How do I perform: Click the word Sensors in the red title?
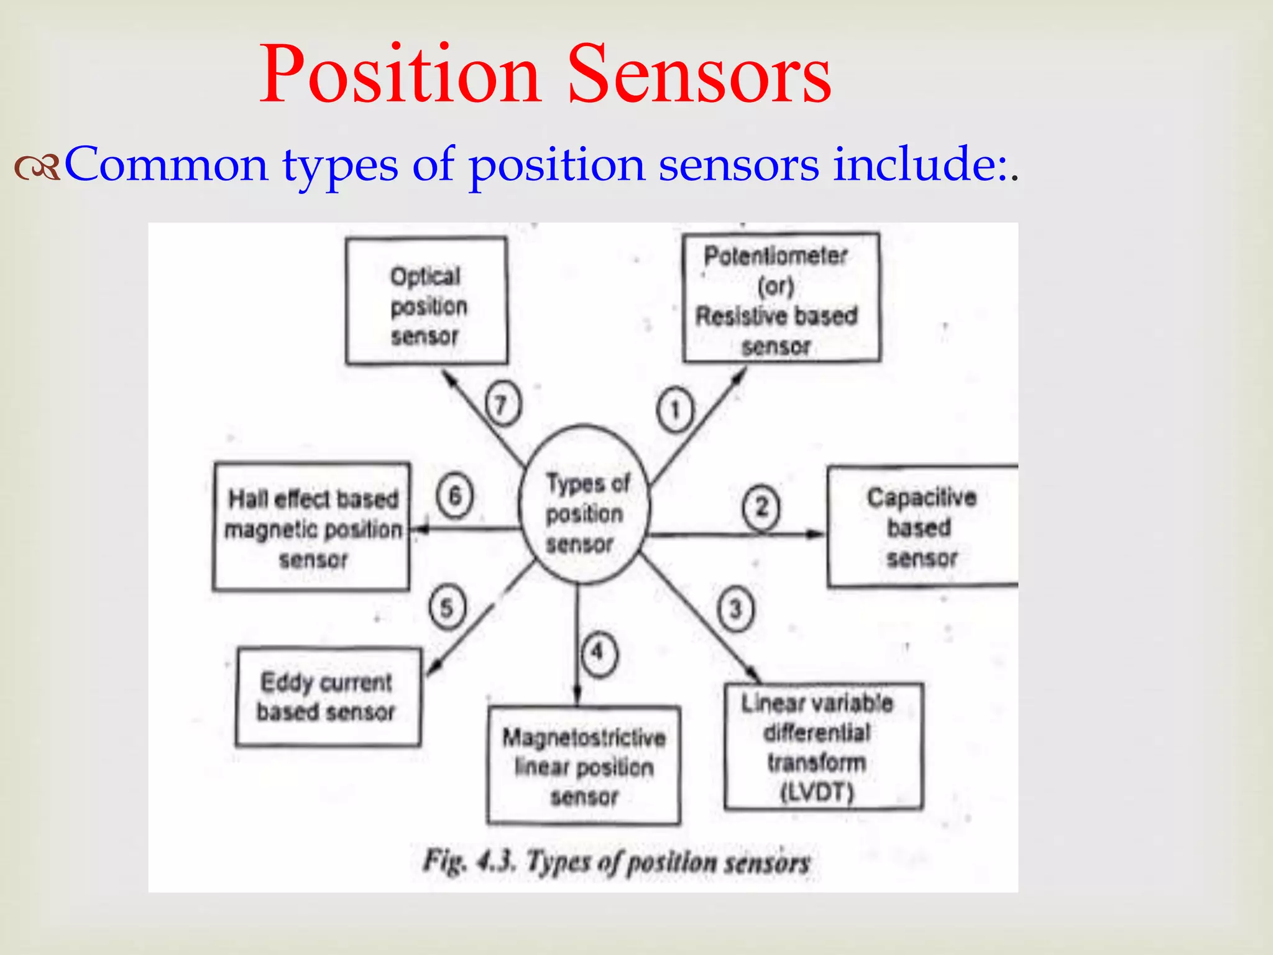[x=699, y=76]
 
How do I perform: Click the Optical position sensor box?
[x=426, y=302]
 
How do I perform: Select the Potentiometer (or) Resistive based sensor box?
[x=781, y=298]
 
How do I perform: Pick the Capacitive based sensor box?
[x=922, y=527]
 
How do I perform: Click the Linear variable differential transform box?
[x=823, y=747]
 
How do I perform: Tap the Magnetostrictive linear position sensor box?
[x=583, y=765]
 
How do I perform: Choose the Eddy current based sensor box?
[x=328, y=697]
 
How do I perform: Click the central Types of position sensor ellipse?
[x=584, y=504]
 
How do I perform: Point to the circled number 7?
[x=502, y=405]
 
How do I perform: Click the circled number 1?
[x=674, y=410]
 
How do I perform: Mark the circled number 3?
[x=735, y=609]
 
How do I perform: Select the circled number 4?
[x=599, y=653]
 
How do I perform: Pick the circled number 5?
[x=447, y=608]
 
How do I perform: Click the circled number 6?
[x=454, y=496]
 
